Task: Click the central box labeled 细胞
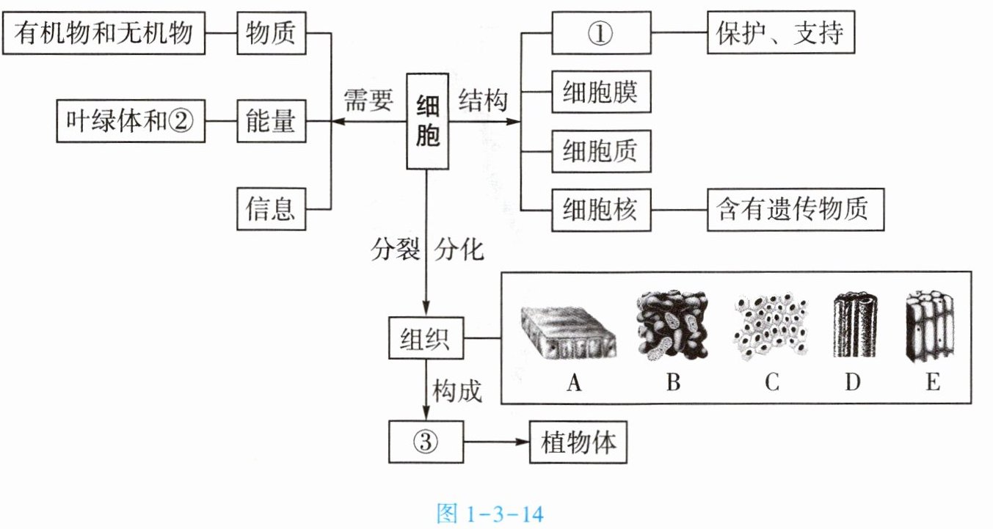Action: (x=427, y=121)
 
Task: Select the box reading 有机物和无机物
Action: (x=103, y=33)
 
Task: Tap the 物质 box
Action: (x=272, y=33)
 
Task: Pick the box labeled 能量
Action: (x=272, y=121)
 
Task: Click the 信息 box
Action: (x=272, y=209)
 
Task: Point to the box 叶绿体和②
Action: (x=131, y=121)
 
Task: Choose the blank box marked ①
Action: (x=601, y=33)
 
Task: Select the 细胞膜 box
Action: (x=601, y=92)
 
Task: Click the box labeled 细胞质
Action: (x=601, y=151)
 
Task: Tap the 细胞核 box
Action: (x=601, y=210)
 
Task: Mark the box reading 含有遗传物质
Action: (x=796, y=210)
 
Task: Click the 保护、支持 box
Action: (x=781, y=32)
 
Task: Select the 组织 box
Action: (x=426, y=338)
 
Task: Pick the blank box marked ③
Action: (x=426, y=442)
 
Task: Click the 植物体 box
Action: (x=578, y=442)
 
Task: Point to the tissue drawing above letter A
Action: (x=569, y=332)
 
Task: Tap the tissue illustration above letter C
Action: (x=771, y=326)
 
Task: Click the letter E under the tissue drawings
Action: (x=933, y=382)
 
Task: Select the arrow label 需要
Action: (x=368, y=100)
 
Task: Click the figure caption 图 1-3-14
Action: (x=490, y=514)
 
